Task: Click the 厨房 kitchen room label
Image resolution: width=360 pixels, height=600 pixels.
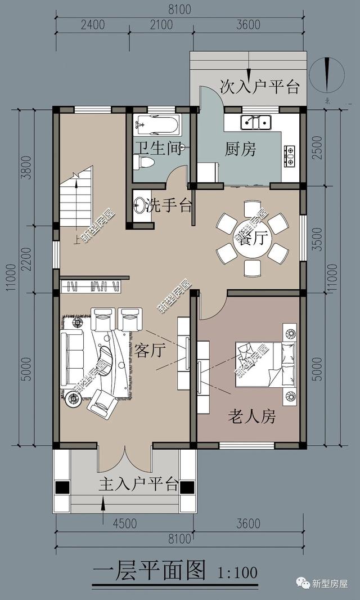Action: (x=241, y=150)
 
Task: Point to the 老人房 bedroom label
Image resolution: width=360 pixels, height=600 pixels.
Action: (x=252, y=417)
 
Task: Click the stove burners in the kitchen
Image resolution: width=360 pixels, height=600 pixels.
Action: (x=290, y=156)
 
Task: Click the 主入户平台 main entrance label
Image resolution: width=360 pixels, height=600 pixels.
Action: (x=138, y=485)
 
